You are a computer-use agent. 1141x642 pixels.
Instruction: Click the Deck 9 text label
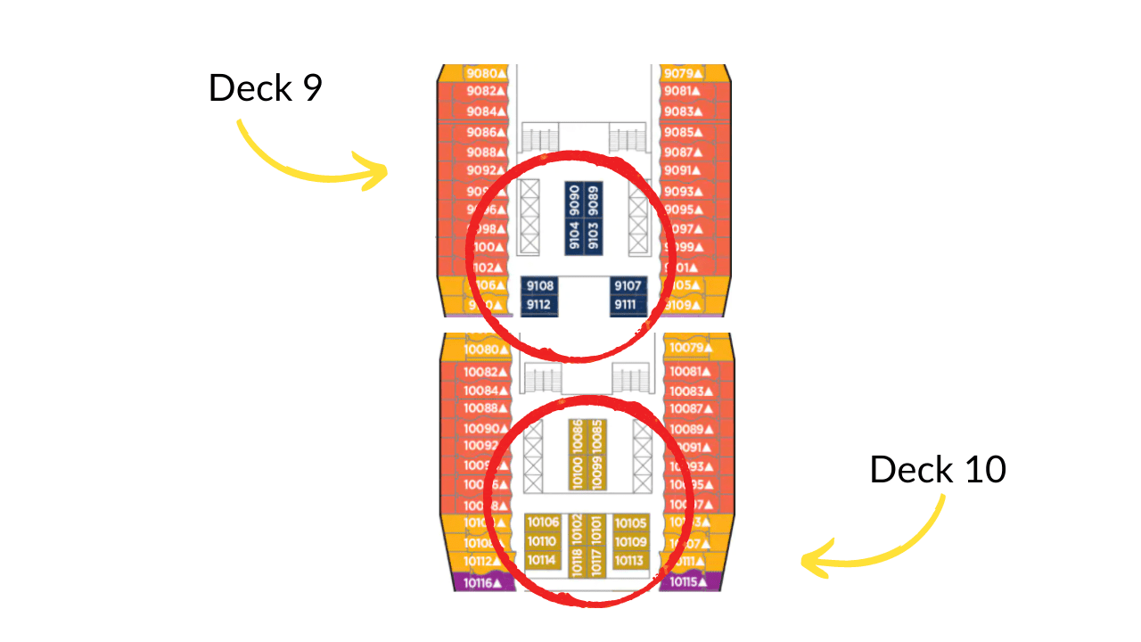[x=265, y=87]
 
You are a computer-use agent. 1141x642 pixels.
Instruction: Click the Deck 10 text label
[x=937, y=469]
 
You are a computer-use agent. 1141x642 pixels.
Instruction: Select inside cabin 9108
[x=540, y=286]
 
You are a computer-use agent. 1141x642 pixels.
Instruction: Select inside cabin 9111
[x=628, y=305]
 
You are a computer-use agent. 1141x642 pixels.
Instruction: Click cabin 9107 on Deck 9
[x=628, y=286]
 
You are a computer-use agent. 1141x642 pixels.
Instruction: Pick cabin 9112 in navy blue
[x=540, y=305]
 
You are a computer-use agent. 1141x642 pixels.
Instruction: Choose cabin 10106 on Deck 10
[x=543, y=523]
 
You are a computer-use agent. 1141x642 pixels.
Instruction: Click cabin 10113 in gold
[x=629, y=560]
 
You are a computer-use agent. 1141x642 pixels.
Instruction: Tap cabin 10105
[x=630, y=523]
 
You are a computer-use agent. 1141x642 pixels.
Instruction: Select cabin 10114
[x=542, y=560]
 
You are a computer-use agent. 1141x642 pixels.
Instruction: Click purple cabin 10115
[x=688, y=581]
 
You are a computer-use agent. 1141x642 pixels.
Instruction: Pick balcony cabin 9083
[x=685, y=111]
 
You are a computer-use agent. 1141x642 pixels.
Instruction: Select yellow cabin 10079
[x=690, y=347]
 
